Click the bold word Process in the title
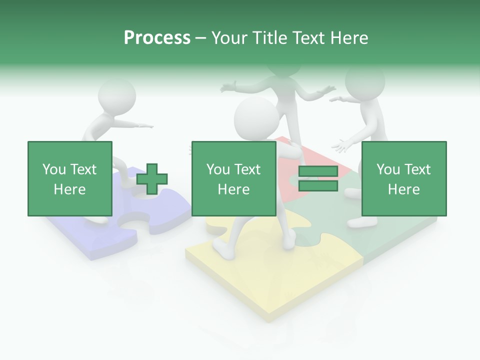(x=157, y=38)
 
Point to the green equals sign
(x=318, y=179)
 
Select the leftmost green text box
(x=70, y=178)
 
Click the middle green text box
(x=233, y=178)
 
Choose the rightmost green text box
(x=403, y=178)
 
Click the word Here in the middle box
(x=233, y=189)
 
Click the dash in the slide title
(x=201, y=38)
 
